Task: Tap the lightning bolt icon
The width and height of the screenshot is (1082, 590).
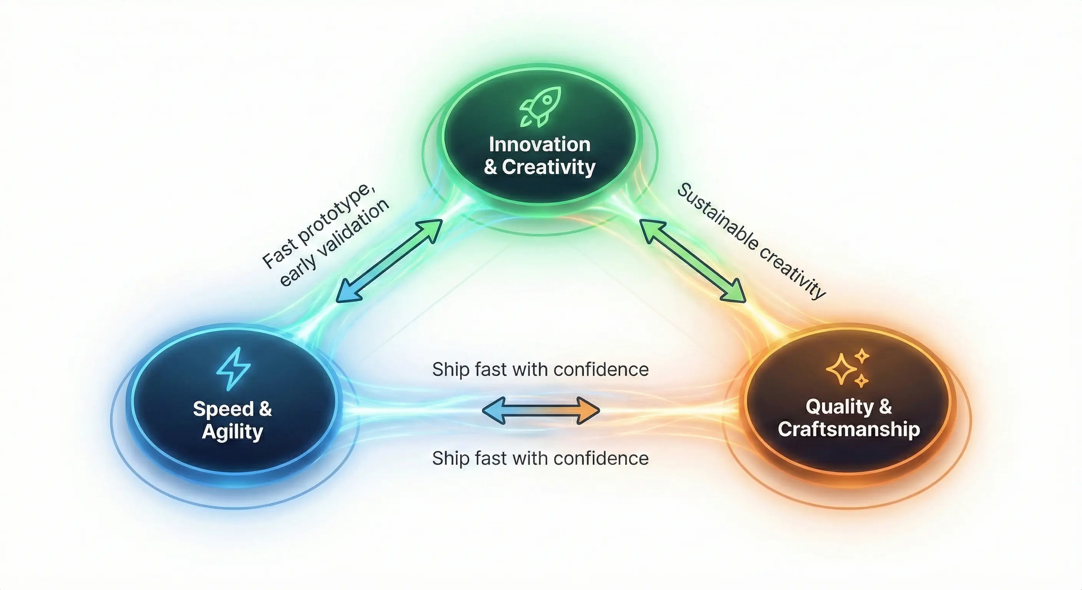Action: (x=234, y=369)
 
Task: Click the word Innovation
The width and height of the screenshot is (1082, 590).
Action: (x=540, y=144)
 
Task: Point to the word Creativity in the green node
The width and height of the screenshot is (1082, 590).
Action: (x=549, y=167)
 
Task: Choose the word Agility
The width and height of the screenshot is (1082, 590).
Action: (x=232, y=432)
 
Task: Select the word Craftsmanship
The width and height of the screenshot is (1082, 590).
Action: (x=849, y=429)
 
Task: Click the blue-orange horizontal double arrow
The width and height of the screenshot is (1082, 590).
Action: (x=541, y=411)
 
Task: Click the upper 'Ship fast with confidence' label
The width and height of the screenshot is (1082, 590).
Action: (x=540, y=370)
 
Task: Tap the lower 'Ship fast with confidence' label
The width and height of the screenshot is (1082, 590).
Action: (x=540, y=458)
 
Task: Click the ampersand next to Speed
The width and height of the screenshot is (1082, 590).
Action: (x=265, y=408)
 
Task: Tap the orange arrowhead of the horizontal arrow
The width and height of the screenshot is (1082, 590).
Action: (x=588, y=411)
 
